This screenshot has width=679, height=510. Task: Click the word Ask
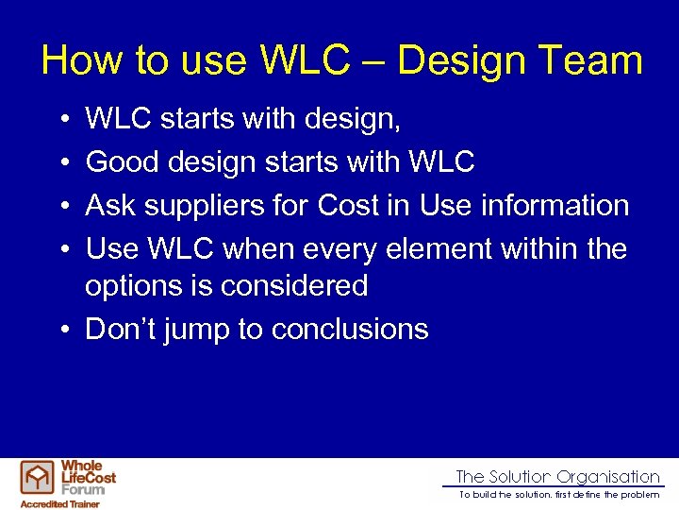pos(110,205)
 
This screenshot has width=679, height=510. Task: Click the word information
pos(543,205)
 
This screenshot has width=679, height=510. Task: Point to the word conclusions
pos(350,329)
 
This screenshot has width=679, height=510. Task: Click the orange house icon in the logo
pos(39,479)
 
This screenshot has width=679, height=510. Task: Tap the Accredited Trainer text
pos(59,503)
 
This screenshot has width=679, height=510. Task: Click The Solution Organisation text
pos(557,477)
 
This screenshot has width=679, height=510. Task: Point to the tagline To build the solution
pos(559,495)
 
